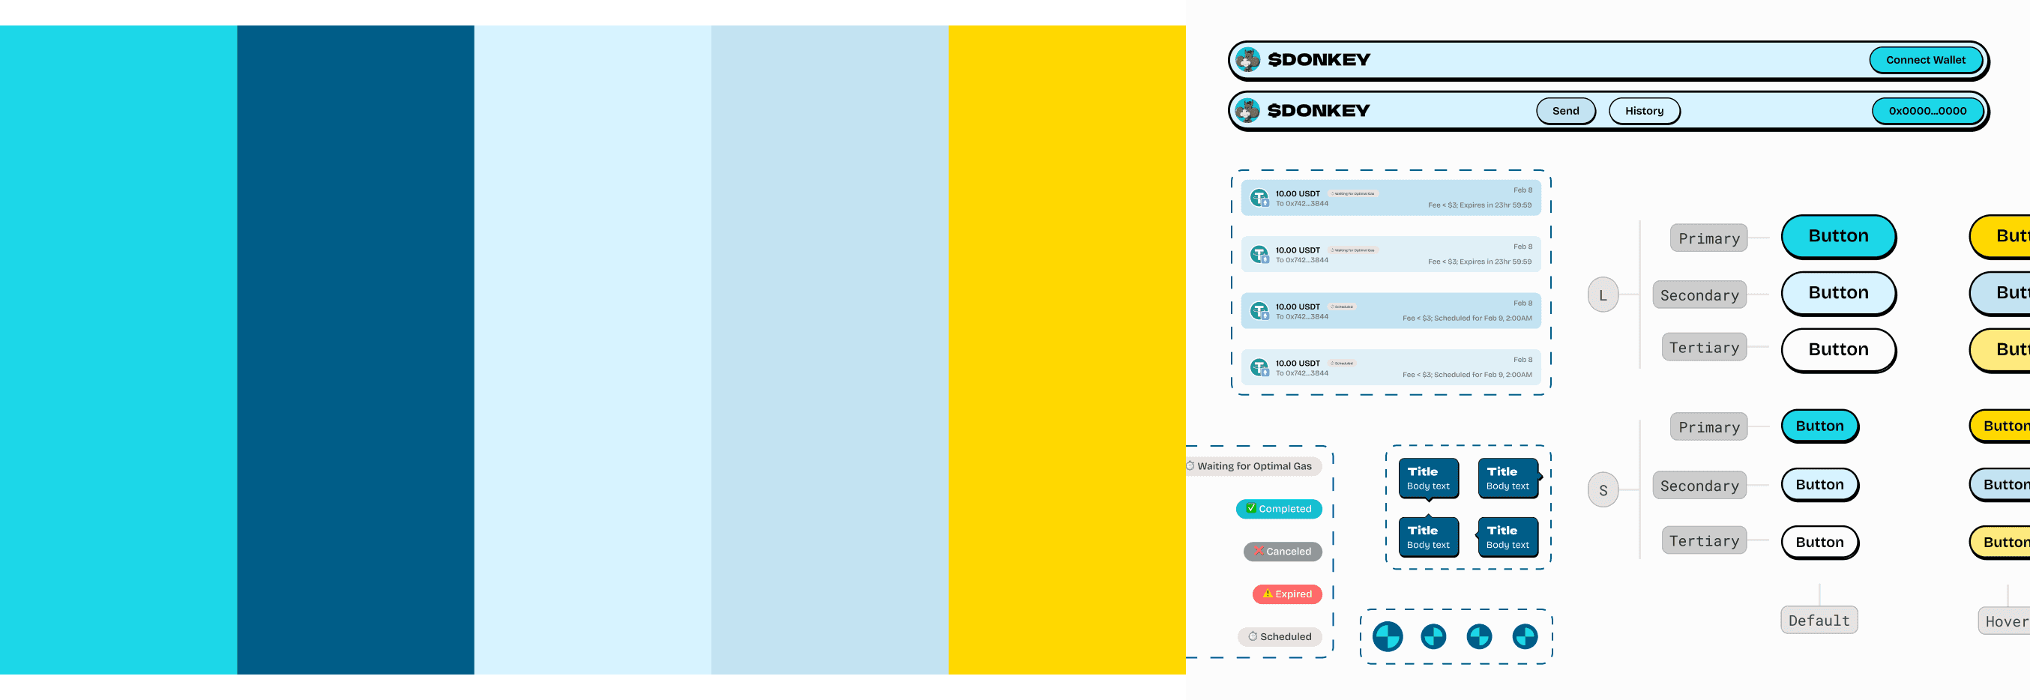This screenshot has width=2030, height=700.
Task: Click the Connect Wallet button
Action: click(x=1924, y=60)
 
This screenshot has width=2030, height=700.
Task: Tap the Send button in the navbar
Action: click(x=1565, y=111)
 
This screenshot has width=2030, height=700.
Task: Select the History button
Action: click(x=1643, y=111)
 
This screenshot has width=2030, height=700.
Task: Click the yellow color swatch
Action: click(x=1066, y=349)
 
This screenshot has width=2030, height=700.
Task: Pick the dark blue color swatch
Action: click(x=355, y=349)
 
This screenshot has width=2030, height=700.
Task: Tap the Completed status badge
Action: click(x=1278, y=509)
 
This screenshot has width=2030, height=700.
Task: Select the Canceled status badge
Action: click(x=1282, y=552)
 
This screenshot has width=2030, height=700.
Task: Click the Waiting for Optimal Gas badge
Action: click(x=1253, y=467)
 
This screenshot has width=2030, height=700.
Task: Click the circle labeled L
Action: click(x=1602, y=295)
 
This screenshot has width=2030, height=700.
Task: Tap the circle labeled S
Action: click(x=1602, y=490)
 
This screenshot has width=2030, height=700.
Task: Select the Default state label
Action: click(x=1818, y=621)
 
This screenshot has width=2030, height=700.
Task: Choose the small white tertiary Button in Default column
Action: click(x=1819, y=543)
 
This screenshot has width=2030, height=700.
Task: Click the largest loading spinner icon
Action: click(x=1387, y=637)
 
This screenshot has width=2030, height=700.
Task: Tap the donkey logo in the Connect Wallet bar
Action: click(x=1247, y=60)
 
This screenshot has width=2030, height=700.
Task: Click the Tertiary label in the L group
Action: click(x=1703, y=348)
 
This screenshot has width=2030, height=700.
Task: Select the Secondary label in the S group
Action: click(x=1698, y=486)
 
